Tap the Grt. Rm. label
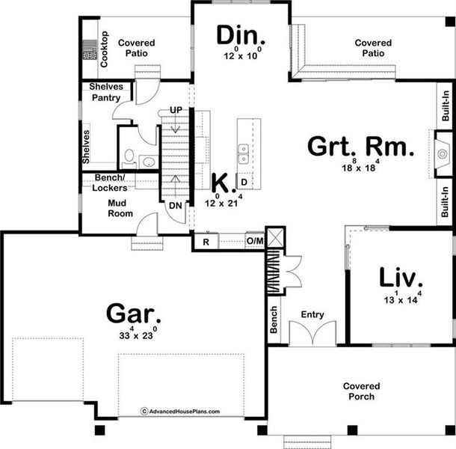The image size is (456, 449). click(x=360, y=147)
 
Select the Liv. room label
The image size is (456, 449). click(x=401, y=278)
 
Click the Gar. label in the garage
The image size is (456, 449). click(x=134, y=311)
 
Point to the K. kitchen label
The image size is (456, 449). click(x=221, y=182)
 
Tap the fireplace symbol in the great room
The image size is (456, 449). click(x=438, y=156)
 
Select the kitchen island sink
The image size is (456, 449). click(x=244, y=154)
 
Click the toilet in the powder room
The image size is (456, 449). click(x=128, y=158)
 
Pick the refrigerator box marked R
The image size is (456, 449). click(x=206, y=241)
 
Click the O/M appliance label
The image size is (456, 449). click(x=254, y=241)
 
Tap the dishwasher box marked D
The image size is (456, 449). click(x=244, y=182)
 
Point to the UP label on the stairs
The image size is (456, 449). click(x=176, y=110)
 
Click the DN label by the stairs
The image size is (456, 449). click(x=175, y=206)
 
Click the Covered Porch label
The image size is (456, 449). click(x=361, y=391)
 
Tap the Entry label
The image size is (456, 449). click(x=312, y=315)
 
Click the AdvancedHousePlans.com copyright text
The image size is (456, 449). click(x=179, y=411)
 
